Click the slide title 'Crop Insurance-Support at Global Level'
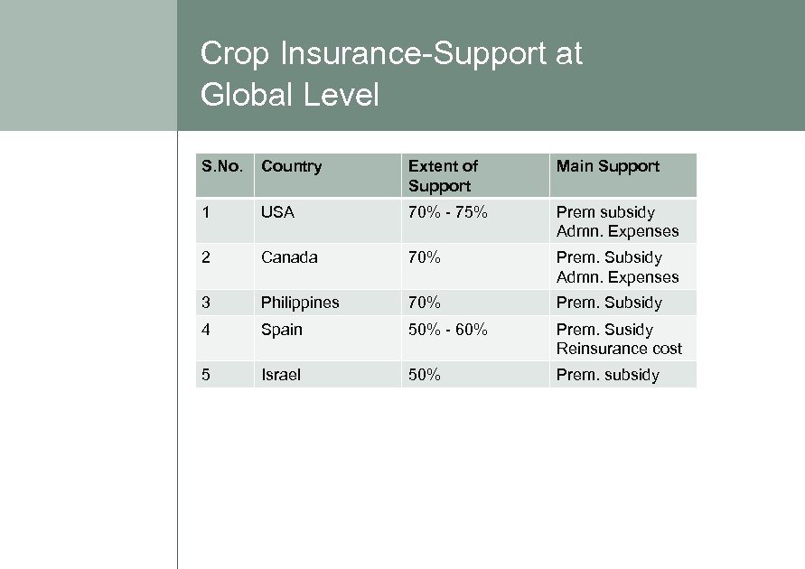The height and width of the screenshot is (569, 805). click(x=390, y=73)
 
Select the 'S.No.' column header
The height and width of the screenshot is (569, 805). click(x=222, y=166)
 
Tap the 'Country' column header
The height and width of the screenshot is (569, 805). click(x=291, y=166)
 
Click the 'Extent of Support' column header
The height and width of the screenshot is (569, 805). click(x=443, y=175)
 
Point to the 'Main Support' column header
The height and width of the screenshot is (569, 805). click(x=607, y=166)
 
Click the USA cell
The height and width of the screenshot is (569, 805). click(x=277, y=212)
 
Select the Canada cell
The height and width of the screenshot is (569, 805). click(x=289, y=257)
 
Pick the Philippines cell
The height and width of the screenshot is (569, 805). click(x=300, y=303)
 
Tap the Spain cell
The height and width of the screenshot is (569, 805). click(x=282, y=330)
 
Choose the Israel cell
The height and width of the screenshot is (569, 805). click(x=280, y=375)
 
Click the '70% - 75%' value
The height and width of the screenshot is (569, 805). click(x=448, y=212)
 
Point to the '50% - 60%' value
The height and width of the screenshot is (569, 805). click(x=448, y=330)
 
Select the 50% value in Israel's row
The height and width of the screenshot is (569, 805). click(x=425, y=375)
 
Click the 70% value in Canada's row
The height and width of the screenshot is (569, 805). click(x=425, y=257)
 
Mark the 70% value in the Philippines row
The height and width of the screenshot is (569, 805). click(x=425, y=303)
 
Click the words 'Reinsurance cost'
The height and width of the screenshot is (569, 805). click(x=619, y=349)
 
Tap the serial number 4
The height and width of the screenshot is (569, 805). click(x=206, y=330)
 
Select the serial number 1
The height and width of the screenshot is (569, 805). click(x=206, y=212)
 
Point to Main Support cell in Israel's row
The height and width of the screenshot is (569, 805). click(x=607, y=375)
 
